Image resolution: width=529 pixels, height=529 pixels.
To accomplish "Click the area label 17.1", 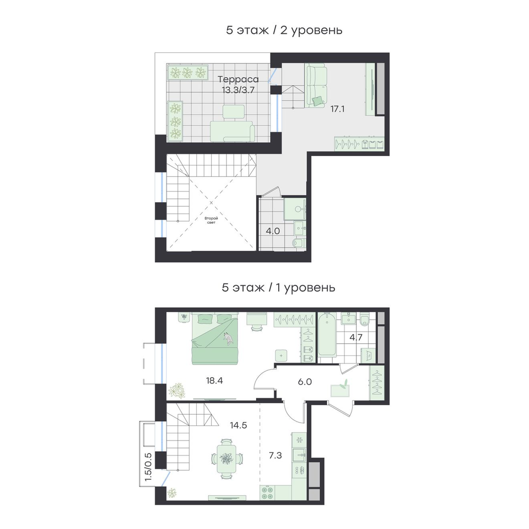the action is click(x=338, y=109).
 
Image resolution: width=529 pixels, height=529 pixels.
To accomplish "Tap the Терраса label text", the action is click(x=238, y=80).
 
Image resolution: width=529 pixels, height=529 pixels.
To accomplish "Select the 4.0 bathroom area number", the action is click(x=273, y=231).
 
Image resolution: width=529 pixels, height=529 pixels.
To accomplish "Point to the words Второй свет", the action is click(x=211, y=220).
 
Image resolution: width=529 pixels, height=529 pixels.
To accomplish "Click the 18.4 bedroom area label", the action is click(x=215, y=381).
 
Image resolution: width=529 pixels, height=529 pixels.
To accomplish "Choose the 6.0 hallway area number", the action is click(x=305, y=382).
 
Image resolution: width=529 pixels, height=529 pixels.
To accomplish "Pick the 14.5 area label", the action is click(x=239, y=425).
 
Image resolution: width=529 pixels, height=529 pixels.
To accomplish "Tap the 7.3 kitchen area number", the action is click(x=275, y=455).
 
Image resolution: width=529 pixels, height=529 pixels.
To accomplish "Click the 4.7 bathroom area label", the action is click(x=356, y=338).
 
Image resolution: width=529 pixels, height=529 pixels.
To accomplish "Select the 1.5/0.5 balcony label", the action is click(x=148, y=469).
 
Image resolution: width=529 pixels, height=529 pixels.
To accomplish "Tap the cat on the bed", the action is click(x=229, y=339).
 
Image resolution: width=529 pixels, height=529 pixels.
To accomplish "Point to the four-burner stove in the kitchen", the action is click(x=268, y=492).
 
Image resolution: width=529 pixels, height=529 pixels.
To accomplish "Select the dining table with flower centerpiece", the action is click(x=226, y=459).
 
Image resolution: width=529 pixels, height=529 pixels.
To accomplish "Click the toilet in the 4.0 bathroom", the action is click(x=298, y=243).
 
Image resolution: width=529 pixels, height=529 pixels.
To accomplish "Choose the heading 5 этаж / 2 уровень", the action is click(x=285, y=30).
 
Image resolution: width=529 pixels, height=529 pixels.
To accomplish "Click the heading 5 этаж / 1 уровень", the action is click(x=279, y=288).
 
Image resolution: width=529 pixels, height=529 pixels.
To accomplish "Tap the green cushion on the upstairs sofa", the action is click(x=318, y=101).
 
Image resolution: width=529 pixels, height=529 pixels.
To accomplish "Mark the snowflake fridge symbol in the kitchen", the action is click(x=299, y=440).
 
